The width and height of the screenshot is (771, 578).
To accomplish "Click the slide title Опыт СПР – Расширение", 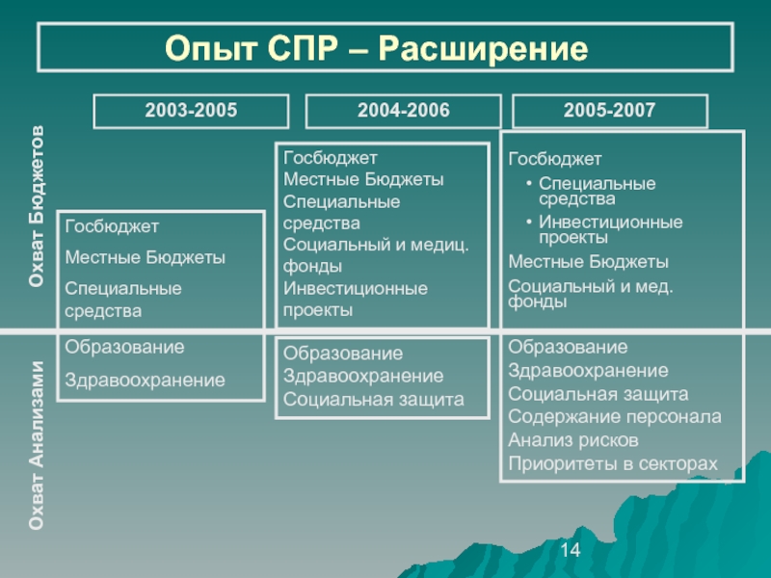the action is point(376,48).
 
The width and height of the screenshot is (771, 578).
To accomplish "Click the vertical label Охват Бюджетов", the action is point(37,206).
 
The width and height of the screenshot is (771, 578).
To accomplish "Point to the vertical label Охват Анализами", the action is point(37,445).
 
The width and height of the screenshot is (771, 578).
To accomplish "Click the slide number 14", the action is point(570,549).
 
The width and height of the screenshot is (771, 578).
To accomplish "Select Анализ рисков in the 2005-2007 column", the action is point(573,440).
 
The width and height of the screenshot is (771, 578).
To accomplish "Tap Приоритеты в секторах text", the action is point(613,463).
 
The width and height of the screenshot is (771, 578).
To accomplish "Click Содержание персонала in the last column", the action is point(615,417).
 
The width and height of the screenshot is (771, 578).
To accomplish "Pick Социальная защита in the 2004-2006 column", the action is point(374,399).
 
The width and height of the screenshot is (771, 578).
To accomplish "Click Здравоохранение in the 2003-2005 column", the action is point(146,380).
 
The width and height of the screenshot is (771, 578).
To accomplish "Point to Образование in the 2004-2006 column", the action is point(343,354).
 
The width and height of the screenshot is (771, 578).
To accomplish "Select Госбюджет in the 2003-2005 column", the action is point(112,226).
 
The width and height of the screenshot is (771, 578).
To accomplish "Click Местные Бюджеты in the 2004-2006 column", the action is point(364,179).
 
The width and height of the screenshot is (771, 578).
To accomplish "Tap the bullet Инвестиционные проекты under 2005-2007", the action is point(611,229).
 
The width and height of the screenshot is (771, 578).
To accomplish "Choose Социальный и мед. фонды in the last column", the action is point(591,294).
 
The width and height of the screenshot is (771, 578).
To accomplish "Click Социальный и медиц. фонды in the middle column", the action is point(376,255).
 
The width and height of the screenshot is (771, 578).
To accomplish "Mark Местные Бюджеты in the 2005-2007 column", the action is point(589,262).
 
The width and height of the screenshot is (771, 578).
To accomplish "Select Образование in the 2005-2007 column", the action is point(568,347).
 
